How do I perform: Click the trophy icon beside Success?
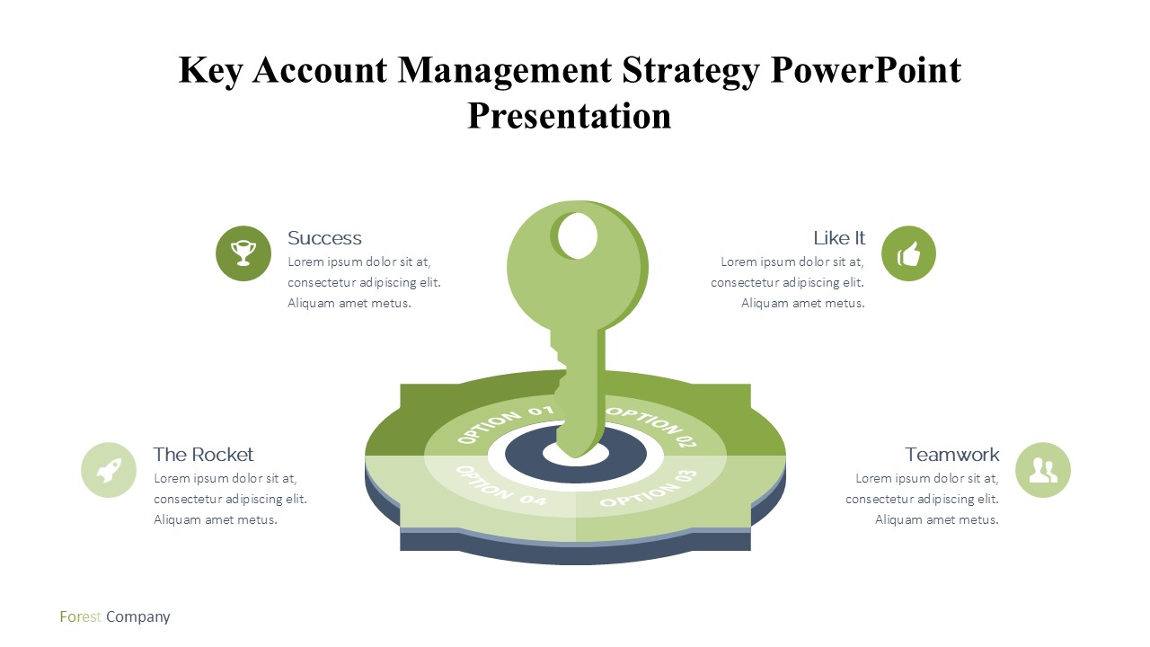243,253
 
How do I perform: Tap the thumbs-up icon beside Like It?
908,253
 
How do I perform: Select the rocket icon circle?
109,470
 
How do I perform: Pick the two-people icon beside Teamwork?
1043,470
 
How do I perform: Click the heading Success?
324,238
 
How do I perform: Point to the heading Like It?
839,238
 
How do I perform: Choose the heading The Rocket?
203,455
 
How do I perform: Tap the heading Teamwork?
951,455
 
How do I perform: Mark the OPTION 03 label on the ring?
650,489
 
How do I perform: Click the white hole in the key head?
577,235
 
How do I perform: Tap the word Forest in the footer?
80,616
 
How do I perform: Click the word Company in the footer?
138,617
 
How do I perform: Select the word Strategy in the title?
691,71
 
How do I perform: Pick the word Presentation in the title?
570,116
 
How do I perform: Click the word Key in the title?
210,71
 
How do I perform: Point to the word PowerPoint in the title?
866,70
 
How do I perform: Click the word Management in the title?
505,71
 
